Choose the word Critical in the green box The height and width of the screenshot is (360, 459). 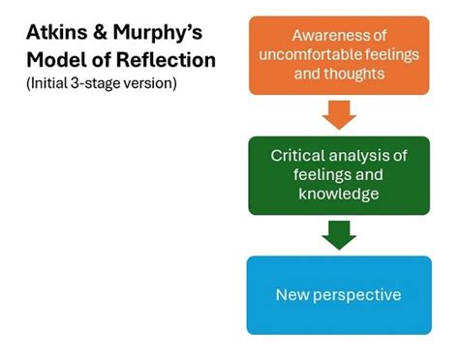(299, 154)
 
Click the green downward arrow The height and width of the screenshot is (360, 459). (339, 233)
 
